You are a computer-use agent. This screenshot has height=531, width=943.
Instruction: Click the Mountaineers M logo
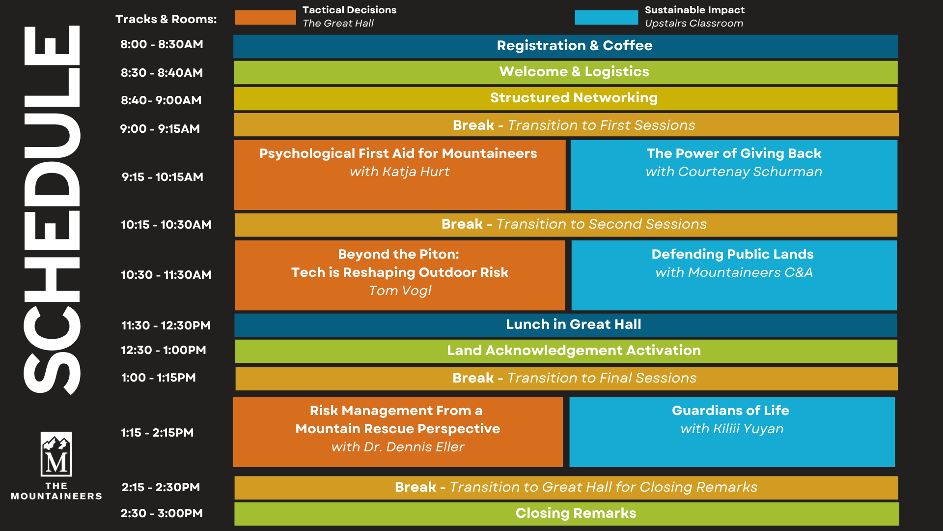[56, 454]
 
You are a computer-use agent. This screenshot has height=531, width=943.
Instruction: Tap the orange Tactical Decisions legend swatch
[265, 17]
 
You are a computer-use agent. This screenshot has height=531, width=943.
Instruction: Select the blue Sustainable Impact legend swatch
[606, 17]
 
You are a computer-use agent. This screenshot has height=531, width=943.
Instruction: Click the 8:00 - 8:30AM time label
[162, 44]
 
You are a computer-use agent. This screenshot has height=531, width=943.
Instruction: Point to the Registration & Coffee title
[575, 46]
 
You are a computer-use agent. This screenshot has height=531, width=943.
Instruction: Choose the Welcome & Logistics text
[574, 72]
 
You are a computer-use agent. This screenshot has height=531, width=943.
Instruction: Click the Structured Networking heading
[574, 98]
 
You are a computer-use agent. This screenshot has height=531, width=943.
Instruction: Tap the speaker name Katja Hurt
[416, 172]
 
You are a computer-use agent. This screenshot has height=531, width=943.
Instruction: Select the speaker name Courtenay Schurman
[750, 172]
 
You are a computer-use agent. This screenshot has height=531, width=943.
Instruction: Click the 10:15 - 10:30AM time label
[166, 225]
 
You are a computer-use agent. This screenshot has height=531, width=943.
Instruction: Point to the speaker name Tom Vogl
[400, 291]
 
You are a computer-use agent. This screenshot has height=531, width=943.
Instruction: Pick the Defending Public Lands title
[732, 254]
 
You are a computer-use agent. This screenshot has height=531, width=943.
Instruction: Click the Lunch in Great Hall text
[574, 324]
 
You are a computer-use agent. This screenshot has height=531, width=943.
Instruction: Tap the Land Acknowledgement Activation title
[574, 351]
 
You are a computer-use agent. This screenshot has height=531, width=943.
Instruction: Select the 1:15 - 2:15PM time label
[157, 433]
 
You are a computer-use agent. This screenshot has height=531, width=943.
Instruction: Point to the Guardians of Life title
[730, 411]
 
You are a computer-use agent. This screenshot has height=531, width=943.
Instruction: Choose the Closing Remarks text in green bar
[576, 513]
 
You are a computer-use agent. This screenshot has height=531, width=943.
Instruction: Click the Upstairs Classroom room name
[694, 24]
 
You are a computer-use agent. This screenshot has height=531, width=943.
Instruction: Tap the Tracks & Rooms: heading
[166, 19]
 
